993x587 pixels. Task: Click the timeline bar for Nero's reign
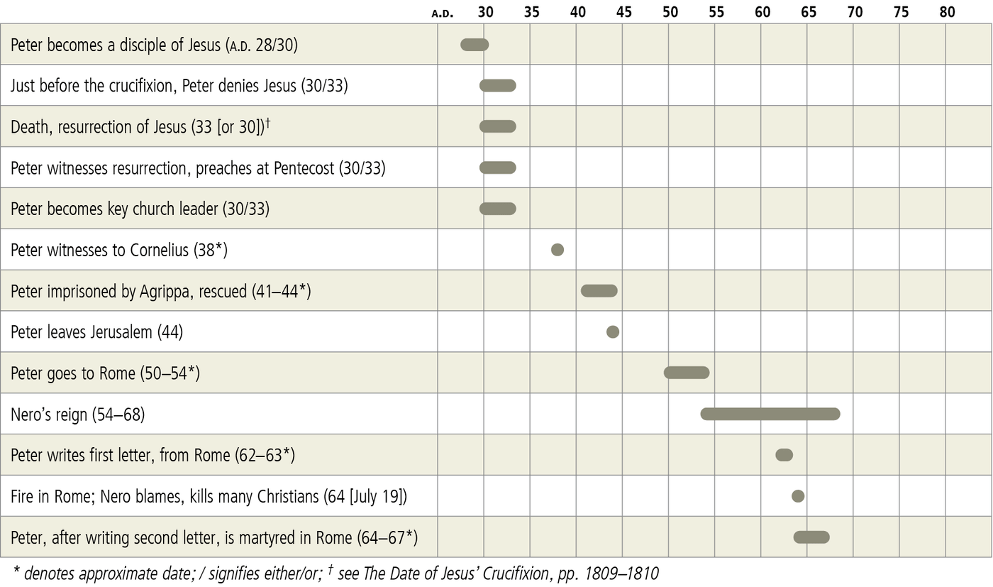click(x=770, y=414)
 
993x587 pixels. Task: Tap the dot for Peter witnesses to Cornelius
click(x=557, y=250)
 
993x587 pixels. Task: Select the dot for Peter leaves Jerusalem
click(x=613, y=331)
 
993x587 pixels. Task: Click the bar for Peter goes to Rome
click(x=687, y=373)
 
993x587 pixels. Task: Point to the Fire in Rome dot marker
click(x=798, y=495)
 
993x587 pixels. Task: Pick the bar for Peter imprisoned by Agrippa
click(x=599, y=290)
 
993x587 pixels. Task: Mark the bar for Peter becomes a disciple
click(x=475, y=45)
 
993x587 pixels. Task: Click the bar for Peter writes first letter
click(x=784, y=455)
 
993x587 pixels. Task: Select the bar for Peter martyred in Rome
click(x=811, y=537)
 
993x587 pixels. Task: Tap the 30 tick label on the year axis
click(x=485, y=12)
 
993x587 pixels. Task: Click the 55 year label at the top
click(x=716, y=12)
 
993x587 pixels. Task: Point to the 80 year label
click(x=947, y=12)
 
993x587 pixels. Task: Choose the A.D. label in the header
click(x=443, y=13)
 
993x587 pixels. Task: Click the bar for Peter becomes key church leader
click(x=498, y=209)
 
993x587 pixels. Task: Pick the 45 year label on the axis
click(x=624, y=12)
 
